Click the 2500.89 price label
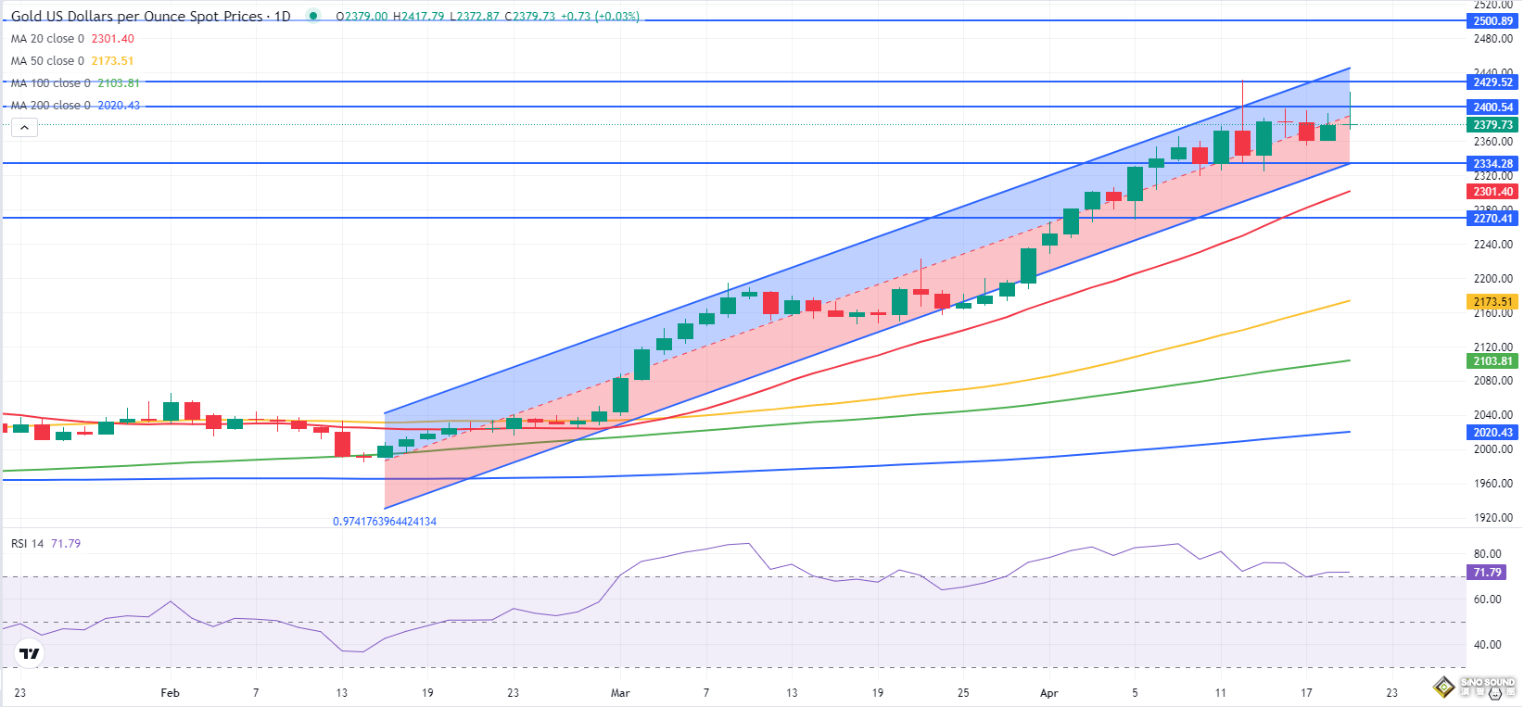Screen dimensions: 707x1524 click(1492, 21)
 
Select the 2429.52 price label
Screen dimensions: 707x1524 click(1492, 82)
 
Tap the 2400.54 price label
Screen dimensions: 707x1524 click(1492, 107)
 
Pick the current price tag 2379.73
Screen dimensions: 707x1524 click(1492, 125)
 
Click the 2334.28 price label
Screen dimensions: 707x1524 click(1492, 164)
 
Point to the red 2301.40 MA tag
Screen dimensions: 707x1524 click(1492, 192)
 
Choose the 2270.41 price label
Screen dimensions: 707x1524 click(1492, 219)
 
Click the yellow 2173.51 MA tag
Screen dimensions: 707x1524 click(1492, 302)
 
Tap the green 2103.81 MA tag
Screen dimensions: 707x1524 click(1492, 361)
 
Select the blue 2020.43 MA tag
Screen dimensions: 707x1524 click(1492, 433)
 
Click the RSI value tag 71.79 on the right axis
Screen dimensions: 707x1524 click(1487, 573)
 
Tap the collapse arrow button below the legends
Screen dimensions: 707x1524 click(24, 128)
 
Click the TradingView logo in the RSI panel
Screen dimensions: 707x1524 click(30, 653)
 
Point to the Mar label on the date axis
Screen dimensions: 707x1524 click(620, 693)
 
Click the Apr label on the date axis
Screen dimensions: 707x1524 click(1048, 693)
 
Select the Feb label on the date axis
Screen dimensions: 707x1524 click(170, 693)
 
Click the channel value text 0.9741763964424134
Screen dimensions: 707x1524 click(385, 522)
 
